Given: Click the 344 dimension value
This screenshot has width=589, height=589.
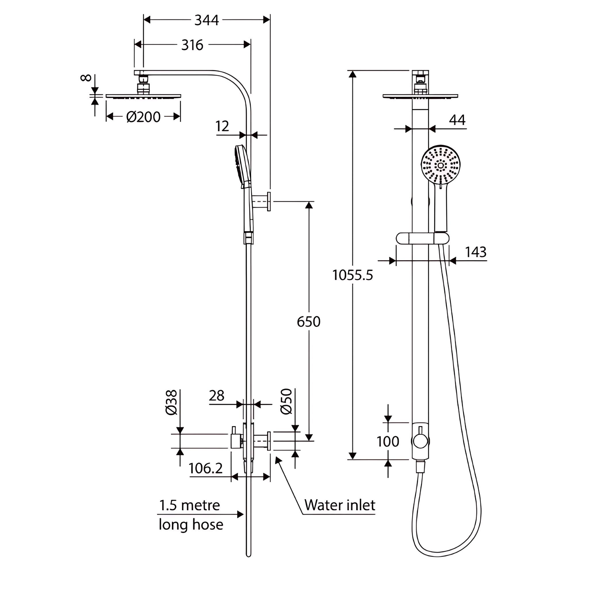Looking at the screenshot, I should pos(206,20).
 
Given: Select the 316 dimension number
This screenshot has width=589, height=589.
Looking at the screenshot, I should pos(192,45).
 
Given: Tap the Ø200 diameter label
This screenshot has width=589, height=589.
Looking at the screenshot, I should pos(143,117).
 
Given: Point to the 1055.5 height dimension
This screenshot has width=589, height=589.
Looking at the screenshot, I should pos(352,275).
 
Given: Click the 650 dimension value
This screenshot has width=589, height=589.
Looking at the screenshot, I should pos(309,322).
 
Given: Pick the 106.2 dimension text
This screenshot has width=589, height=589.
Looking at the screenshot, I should pos(205,468).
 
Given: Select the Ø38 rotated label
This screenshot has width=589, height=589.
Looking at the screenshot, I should pos(172,402).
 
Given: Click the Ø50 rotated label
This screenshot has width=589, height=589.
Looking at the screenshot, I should pos(286,401).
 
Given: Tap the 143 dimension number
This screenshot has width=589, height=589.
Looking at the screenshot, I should pos(475,252).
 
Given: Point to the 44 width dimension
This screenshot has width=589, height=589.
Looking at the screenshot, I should pos(457,120).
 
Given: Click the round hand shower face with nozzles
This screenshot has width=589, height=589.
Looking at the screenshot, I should pos(441,166).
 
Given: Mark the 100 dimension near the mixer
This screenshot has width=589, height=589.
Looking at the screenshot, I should pos(387,441).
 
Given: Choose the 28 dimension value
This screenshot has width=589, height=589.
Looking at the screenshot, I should pos(217,396).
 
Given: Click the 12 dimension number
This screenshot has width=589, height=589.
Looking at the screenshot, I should pos(222,126).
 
